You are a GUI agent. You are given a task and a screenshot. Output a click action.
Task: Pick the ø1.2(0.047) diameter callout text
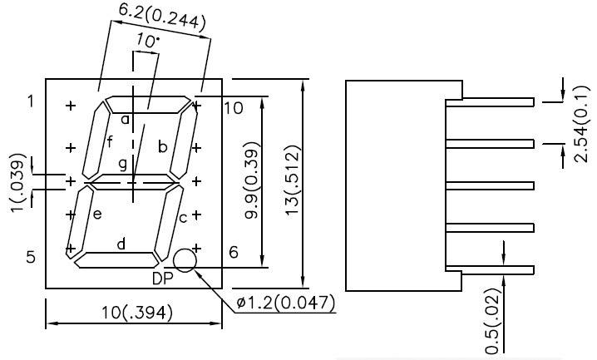point(285,303)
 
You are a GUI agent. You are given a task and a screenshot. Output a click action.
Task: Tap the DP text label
point(163,278)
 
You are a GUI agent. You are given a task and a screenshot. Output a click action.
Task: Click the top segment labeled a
point(146,105)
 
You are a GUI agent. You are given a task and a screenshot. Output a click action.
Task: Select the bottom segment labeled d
point(118,260)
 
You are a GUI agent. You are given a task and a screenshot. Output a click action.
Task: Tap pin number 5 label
point(31,257)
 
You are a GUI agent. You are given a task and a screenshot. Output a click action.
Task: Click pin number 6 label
point(234,252)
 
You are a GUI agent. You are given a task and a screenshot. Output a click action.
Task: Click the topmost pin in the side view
point(495,101)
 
